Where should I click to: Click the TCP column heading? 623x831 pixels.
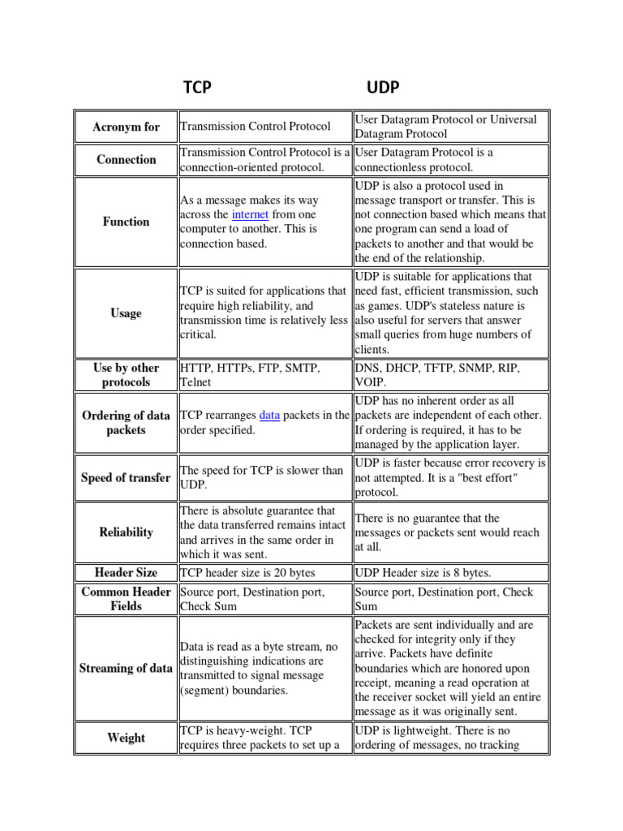(x=197, y=88)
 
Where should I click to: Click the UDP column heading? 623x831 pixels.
(x=383, y=88)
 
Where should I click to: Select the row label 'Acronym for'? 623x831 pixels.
(x=126, y=127)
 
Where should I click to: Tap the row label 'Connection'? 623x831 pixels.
(x=126, y=160)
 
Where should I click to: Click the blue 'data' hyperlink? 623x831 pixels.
(x=269, y=415)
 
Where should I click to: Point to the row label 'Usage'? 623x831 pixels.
(x=126, y=313)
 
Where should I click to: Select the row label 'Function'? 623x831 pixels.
(x=126, y=222)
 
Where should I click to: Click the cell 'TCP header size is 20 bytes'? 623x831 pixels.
(x=247, y=573)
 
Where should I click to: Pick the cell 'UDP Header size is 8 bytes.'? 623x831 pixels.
(x=423, y=573)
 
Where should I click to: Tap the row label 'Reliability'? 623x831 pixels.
(x=126, y=532)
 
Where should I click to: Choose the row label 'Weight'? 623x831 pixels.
(x=126, y=738)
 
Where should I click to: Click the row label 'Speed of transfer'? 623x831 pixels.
(x=126, y=478)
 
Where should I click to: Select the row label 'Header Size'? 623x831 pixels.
(x=126, y=573)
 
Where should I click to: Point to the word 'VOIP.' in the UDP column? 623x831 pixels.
(x=371, y=382)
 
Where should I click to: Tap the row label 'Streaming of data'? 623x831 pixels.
(x=126, y=669)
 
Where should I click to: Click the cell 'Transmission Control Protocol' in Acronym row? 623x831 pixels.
(x=255, y=127)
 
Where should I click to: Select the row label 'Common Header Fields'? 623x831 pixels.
(x=126, y=599)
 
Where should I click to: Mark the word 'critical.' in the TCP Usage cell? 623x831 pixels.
(x=198, y=334)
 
